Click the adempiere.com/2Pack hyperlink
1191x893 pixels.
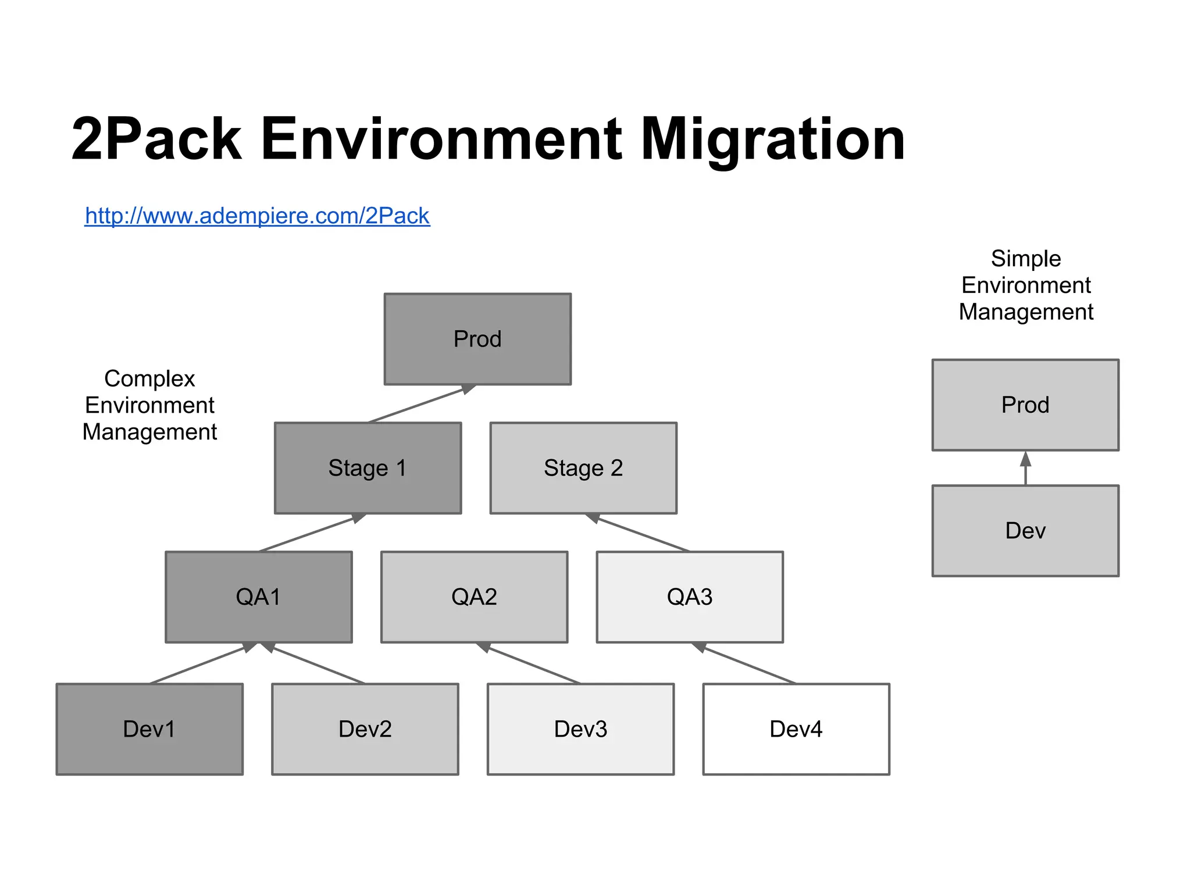click(x=257, y=216)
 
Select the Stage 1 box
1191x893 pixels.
click(x=368, y=468)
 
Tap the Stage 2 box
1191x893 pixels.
click(x=583, y=468)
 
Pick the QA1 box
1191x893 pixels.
click(x=258, y=597)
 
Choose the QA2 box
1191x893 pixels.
click(x=474, y=597)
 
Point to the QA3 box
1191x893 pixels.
click(x=690, y=597)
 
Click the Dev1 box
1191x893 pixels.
click(x=149, y=729)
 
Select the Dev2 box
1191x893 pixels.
click(x=365, y=729)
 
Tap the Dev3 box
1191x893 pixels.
click(x=580, y=729)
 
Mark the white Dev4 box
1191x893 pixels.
click(x=796, y=729)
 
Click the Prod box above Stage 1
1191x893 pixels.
click(x=477, y=339)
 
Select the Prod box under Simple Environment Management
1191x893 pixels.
click(x=1025, y=405)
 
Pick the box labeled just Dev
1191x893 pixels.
click(x=1025, y=531)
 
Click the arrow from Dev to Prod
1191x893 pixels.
click(x=1025, y=470)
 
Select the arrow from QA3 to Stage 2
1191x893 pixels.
click(x=640, y=533)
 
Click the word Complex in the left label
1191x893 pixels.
click(x=149, y=378)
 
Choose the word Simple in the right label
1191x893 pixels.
click(x=1026, y=259)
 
